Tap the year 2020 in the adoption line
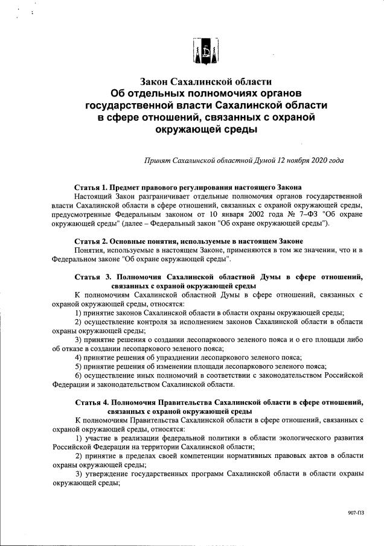click(321, 161)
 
